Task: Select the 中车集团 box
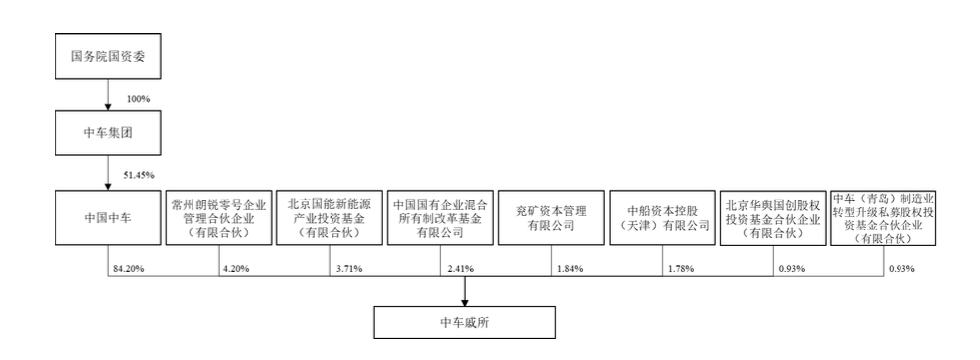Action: pyautogui.click(x=106, y=132)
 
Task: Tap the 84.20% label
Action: pyautogui.click(x=129, y=267)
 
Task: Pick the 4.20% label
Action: pyautogui.click(x=237, y=267)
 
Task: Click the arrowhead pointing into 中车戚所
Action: pyautogui.click(x=465, y=299)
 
